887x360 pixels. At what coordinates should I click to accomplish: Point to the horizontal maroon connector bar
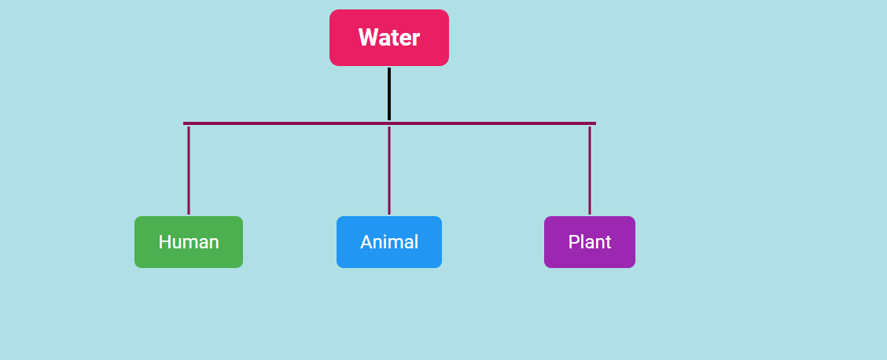click(291, 123)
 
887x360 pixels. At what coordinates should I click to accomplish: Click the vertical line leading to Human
click(189, 169)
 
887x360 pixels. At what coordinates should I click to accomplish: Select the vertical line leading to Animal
click(388, 169)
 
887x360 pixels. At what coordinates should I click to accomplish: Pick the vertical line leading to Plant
click(590, 169)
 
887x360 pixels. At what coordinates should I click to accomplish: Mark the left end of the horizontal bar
click(185, 123)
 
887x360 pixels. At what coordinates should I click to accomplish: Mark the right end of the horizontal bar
click(594, 123)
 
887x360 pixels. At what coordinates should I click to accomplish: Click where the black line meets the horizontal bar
click(388, 122)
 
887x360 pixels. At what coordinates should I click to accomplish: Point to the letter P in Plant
click(573, 242)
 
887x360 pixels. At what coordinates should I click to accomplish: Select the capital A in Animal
click(366, 242)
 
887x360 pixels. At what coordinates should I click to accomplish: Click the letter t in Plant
click(608, 242)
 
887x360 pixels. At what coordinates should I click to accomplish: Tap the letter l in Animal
click(416, 242)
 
